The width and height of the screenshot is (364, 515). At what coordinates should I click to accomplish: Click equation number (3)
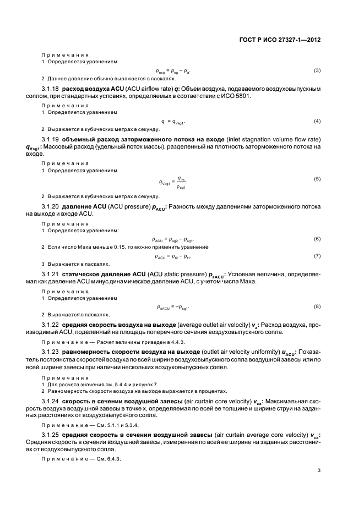317,71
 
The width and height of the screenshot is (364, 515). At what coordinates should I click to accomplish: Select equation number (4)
317,120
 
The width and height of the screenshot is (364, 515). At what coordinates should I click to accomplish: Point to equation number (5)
317,179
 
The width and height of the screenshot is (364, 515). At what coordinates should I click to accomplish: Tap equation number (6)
317,239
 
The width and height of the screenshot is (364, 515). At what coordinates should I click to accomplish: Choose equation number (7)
317,256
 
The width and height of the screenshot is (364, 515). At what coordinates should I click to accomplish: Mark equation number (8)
317,306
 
